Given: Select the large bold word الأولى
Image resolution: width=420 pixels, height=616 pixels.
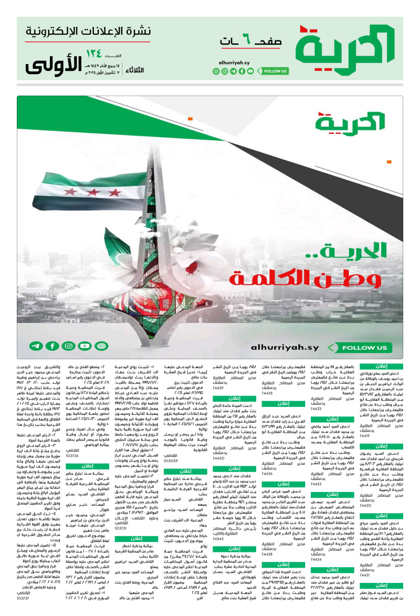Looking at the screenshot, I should tap(51, 64).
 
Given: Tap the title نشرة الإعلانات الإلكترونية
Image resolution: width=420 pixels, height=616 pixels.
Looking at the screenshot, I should tap(89, 31).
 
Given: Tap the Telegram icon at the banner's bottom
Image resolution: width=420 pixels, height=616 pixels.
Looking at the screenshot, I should tap(36, 346).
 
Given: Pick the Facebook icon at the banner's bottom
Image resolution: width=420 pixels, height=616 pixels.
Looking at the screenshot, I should tap(52, 346).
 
